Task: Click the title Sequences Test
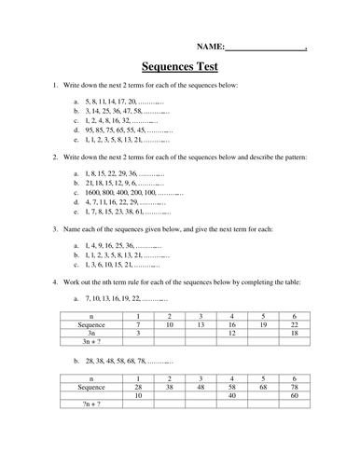179,67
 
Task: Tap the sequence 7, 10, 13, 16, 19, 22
116,299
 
